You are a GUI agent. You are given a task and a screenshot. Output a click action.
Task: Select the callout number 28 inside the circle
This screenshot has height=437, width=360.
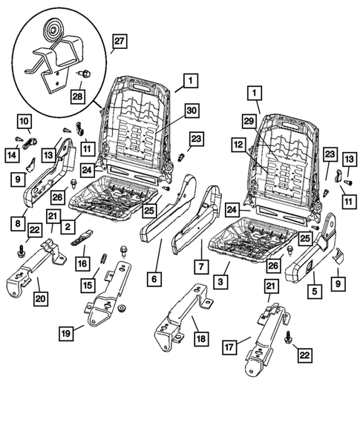pos(76,95)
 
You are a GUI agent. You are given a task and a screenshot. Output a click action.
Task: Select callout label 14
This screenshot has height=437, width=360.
pos(12,154)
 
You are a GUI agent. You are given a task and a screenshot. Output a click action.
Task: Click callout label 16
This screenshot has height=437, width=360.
pos(82,263)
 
